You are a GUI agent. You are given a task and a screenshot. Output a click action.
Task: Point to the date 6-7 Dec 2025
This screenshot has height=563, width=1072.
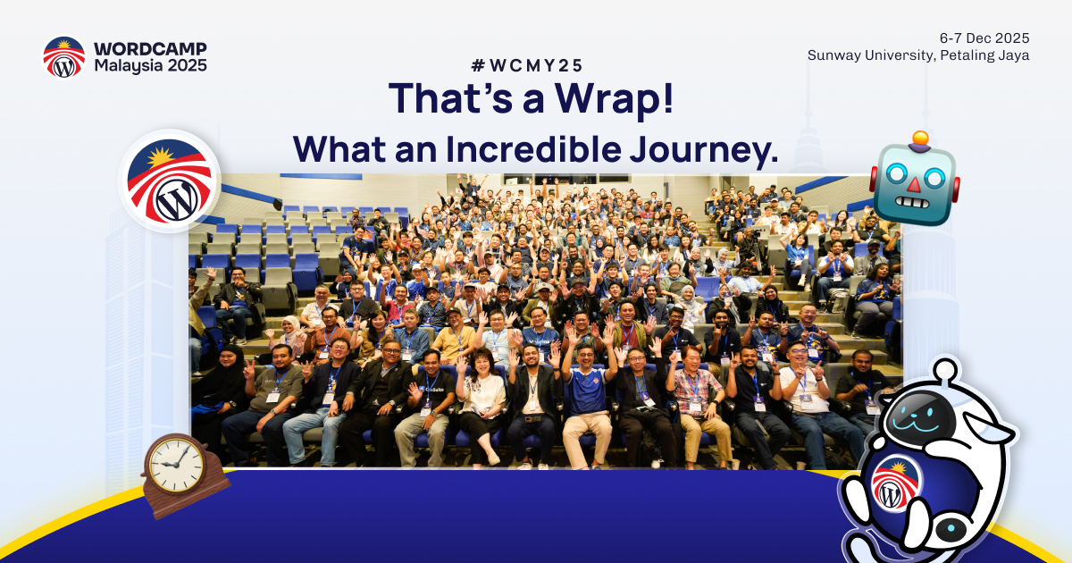[x=984, y=38]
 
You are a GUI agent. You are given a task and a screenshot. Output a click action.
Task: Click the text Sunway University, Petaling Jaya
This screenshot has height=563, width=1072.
[x=918, y=55]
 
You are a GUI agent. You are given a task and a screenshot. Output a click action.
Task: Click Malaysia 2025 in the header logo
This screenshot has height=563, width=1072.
[x=150, y=65]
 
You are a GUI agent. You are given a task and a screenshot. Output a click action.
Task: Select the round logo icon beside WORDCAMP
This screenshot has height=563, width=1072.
[x=64, y=57]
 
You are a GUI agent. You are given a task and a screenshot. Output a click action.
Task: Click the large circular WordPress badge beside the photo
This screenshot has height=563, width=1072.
[x=170, y=181]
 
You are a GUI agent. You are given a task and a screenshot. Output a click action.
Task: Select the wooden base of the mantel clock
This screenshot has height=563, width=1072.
[x=188, y=499]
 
